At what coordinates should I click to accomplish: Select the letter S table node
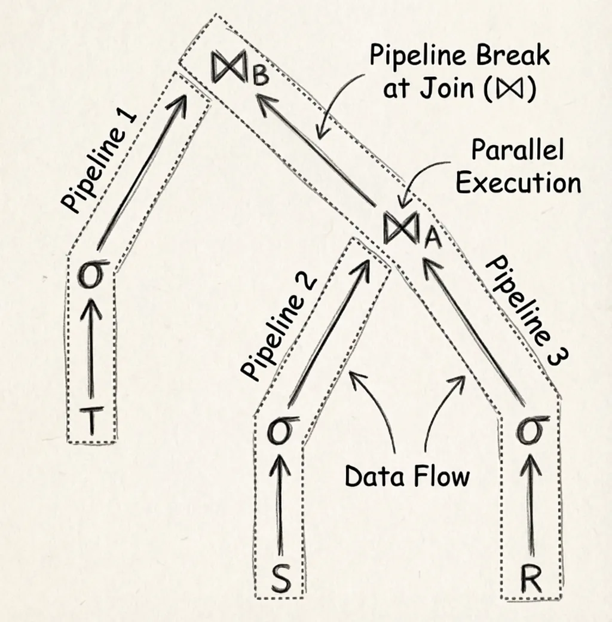280,579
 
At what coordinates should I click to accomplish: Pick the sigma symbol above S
279,431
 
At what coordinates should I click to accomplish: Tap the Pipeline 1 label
100,162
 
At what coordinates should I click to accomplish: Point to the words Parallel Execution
518,166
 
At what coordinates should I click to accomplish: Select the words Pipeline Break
460,56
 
